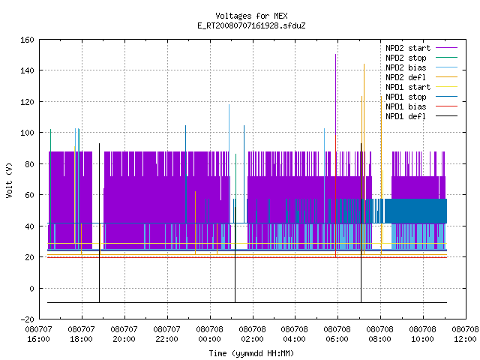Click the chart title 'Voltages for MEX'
(x=251, y=16)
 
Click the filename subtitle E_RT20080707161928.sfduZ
(x=251, y=25)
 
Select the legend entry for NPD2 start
(x=421, y=48)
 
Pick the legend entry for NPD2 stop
(x=421, y=58)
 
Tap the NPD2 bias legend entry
(x=421, y=67)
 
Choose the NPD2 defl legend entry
(x=421, y=77)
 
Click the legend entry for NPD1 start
(x=421, y=87)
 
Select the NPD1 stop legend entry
(x=421, y=97)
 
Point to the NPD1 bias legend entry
(x=421, y=106)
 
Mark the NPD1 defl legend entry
(x=421, y=116)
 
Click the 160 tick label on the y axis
(x=27, y=40)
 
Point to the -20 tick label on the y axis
(x=27, y=319)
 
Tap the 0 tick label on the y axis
(x=31, y=288)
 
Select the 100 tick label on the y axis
(x=27, y=133)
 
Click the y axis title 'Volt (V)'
(x=9, y=180)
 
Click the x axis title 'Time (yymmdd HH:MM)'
(x=251, y=353)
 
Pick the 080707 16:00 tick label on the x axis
(x=38, y=334)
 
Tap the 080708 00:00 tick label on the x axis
(x=210, y=334)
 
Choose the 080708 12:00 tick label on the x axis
(x=465, y=334)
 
